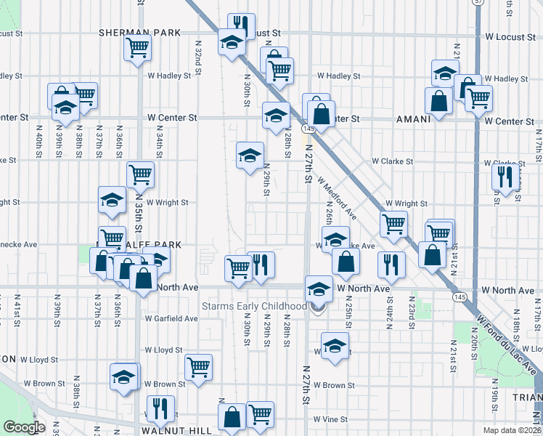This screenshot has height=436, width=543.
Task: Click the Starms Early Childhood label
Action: click(x=254, y=307)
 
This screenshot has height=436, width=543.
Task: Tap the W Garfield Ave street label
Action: click(x=171, y=318)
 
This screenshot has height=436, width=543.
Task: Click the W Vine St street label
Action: click(x=332, y=419)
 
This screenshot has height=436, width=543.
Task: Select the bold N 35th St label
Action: click(x=137, y=211)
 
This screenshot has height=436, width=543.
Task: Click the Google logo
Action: click(x=25, y=427)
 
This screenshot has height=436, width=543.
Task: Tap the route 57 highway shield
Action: click(x=478, y=3)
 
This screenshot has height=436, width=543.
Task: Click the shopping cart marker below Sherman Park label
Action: click(x=137, y=49)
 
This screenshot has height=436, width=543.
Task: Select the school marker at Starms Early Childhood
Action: click(x=318, y=290)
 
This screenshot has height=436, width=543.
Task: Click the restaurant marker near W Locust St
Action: click(x=241, y=26)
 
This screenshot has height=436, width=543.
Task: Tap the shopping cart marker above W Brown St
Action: click(x=197, y=366)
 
